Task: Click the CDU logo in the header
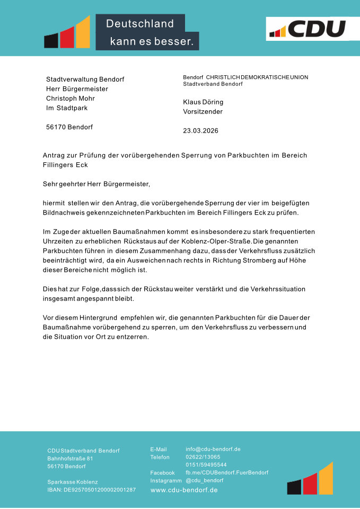coord(308,28)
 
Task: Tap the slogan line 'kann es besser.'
coord(151,41)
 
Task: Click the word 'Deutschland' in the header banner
coord(140,24)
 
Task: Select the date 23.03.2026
coord(200,130)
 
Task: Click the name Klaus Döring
coord(203,102)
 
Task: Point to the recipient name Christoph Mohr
coord(71,98)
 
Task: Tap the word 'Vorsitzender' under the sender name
coord(203,112)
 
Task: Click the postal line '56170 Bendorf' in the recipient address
coord(69,127)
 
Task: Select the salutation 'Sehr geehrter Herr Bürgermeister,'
coord(96,184)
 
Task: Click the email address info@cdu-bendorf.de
coord(213,449)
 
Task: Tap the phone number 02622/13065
coord(203,457)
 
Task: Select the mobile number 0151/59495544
coord(206,464)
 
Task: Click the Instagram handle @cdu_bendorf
coord(204,480)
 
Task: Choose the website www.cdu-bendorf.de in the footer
coord(184,490)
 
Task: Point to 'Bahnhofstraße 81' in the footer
coord(70,458)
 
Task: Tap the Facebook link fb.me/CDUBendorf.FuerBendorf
coord(227,472)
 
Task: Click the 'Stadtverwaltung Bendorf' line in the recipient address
coord(85,79)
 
